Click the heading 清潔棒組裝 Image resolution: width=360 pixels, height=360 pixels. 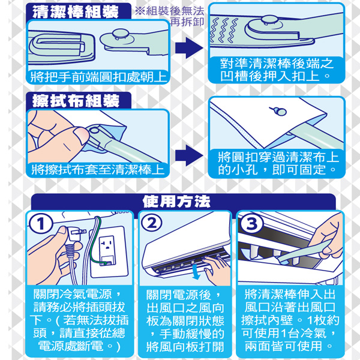(76, 11)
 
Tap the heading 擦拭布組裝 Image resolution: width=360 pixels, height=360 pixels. (76, 101)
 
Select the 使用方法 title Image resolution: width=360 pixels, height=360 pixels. (176, 202)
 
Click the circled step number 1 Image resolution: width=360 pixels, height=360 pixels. (41, 224)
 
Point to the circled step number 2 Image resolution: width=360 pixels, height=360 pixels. (152, 223)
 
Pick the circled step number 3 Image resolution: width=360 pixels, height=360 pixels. (251, 223)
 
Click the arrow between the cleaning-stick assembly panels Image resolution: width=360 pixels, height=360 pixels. (189, 48)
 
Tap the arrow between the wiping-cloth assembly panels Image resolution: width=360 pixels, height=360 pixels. (189, 155)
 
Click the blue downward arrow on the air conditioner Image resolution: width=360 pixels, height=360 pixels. (196, 272)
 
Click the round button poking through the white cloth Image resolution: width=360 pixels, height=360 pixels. (281, 111)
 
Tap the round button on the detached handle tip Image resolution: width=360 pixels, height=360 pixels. (121, 34)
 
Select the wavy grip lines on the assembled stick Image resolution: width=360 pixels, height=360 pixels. (224, 31)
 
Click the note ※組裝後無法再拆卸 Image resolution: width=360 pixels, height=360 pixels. (169, 16)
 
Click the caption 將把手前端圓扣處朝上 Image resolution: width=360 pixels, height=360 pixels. (98, 77)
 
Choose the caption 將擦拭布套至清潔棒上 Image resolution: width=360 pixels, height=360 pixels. (98, 170)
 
